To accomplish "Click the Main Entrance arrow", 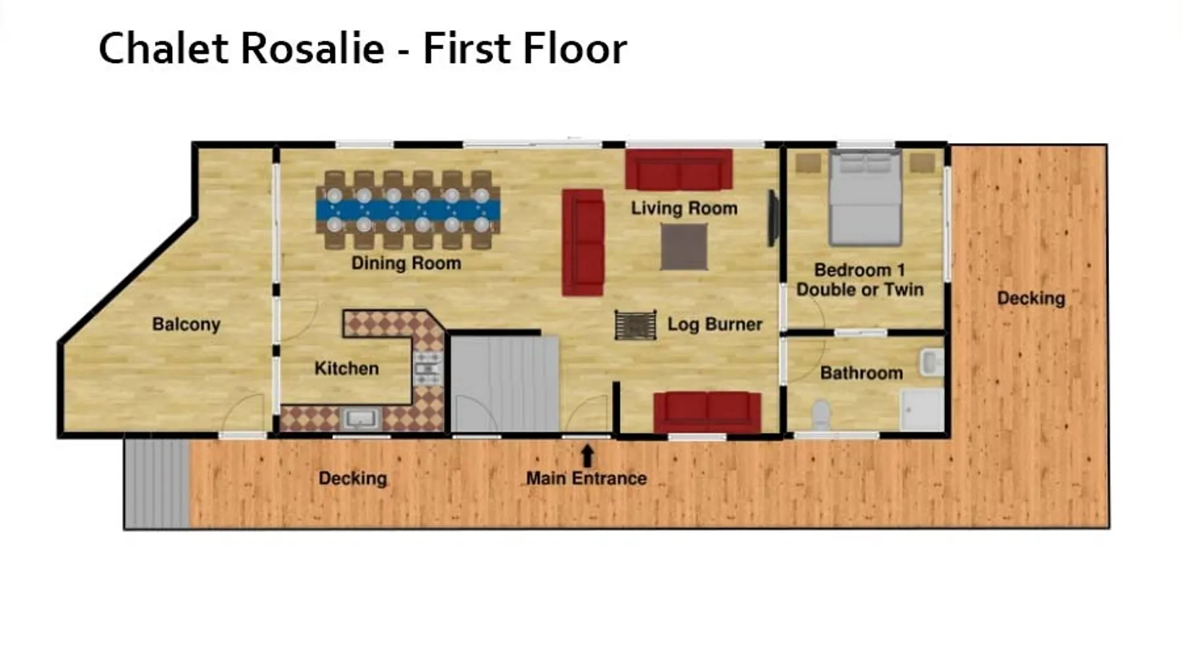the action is (588, 457).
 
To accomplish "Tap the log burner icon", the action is (635, 325).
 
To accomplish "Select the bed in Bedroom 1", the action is (865, 197).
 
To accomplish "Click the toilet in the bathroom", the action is (821, 415).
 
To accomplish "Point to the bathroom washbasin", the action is (931, 362).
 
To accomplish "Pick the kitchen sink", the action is (360, 419).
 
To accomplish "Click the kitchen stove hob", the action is (428, 368).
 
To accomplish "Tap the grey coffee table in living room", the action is (684, 247).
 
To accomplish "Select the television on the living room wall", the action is (774, 218).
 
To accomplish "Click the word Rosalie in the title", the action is (313, 48).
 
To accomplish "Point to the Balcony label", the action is (186, 324).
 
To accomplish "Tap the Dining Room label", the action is (406, 263).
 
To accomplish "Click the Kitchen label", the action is (347, 369).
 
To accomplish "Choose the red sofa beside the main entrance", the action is (707, 412).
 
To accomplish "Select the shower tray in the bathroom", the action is (923, 410).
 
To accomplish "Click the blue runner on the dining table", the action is (408, 210).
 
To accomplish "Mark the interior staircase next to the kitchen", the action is (504, 384).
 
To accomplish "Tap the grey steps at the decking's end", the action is (158, 483).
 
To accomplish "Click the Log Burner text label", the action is (715, 324).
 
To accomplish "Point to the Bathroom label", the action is (862, 373).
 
